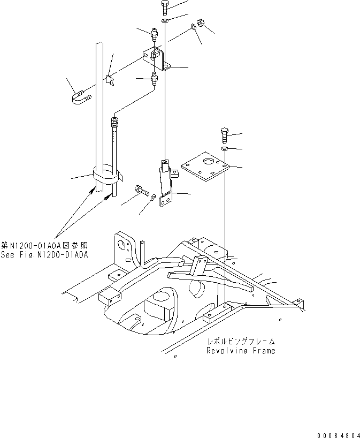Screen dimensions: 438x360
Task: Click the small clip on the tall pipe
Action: pos(109,80)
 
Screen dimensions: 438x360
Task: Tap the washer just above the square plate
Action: pos(225,148)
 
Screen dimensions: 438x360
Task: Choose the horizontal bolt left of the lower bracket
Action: pos(141,190)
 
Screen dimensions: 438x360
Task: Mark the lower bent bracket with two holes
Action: pos(166,187)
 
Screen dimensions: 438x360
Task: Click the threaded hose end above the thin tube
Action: pos(114,124)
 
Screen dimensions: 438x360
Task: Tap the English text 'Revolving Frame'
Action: pos(241,351)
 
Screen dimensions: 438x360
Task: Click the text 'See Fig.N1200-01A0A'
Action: pos(44,255)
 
